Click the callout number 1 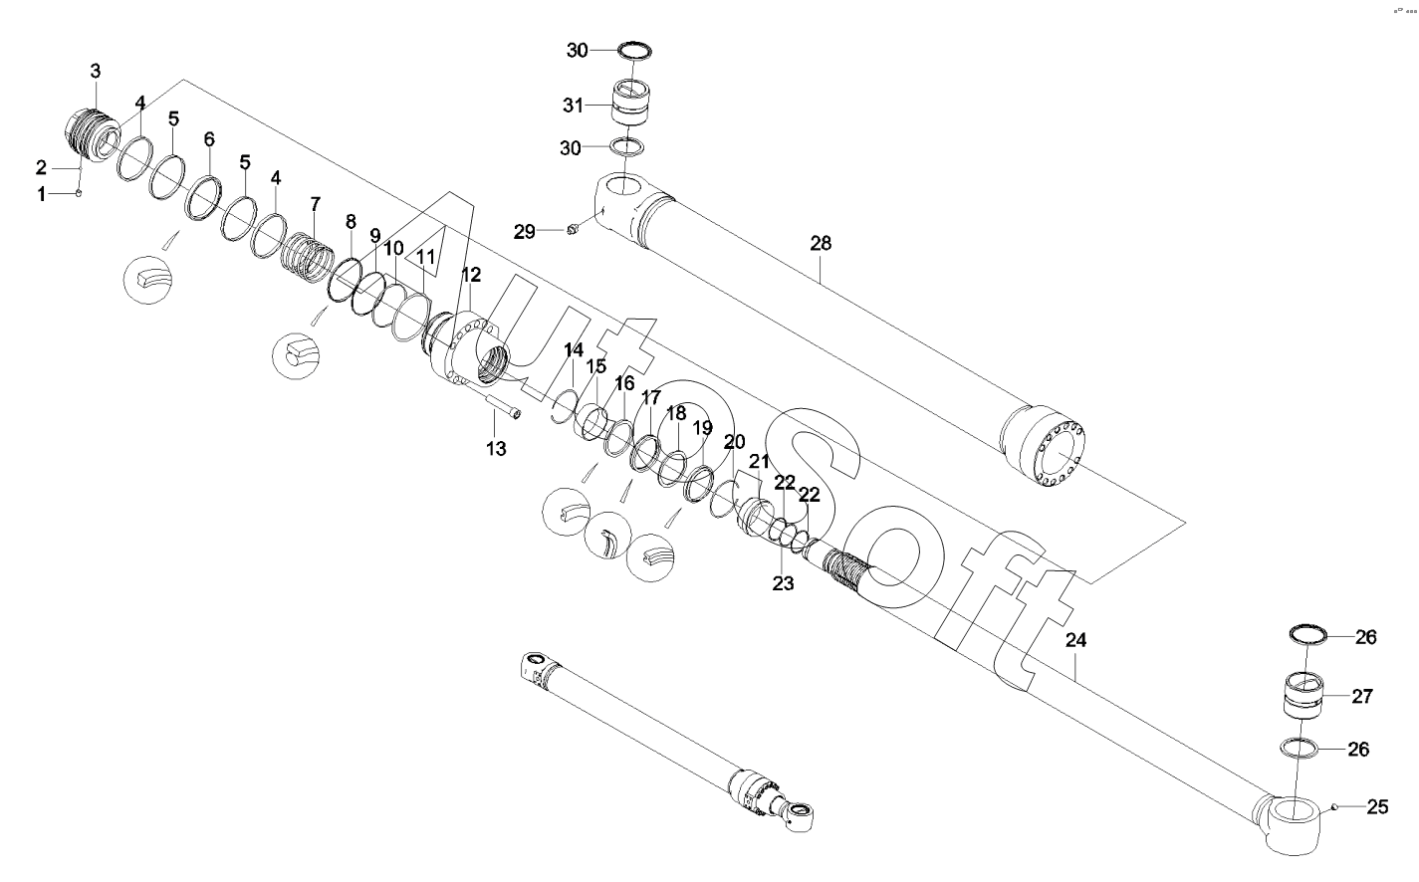click(41, 194)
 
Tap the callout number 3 click(95, 71)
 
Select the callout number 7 click(316, 204)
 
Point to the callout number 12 click(471, 275)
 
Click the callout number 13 click(497, 448)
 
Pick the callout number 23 click(783, 583)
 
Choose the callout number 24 click(1075, 640)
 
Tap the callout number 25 click(1378, 806)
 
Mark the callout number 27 click(1362, 697)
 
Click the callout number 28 click(821, 243)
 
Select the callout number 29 click(525, 232)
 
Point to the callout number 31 click(574, 106)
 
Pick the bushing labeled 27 click(1303, 695)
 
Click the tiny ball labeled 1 click(79, 193)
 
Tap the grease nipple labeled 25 click(1333, 806)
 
